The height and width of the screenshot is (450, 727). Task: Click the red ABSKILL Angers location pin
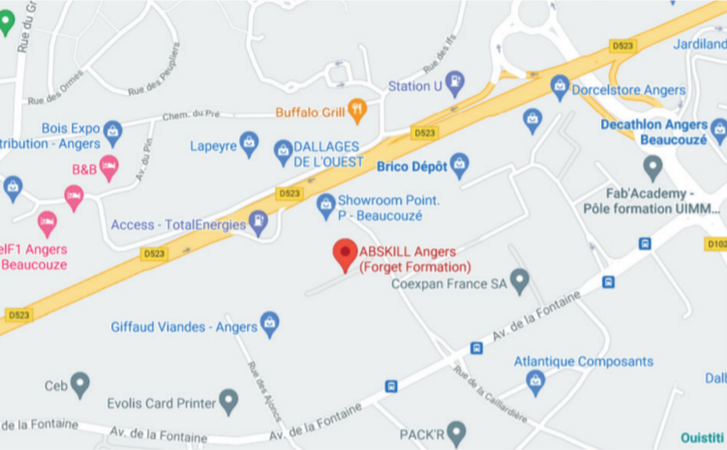click(x=345, y=254)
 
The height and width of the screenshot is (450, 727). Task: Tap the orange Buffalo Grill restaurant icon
click(x=357, y=111)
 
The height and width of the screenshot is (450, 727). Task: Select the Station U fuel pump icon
click(x=454, y=83)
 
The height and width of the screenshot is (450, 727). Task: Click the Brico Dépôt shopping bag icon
click(x=460, y=165)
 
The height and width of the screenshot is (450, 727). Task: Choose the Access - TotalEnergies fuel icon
click(x=258, y=224)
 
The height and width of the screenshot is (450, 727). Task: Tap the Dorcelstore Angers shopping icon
click(x=560, y=86)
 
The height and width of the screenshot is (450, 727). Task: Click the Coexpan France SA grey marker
click(x=520, y=282)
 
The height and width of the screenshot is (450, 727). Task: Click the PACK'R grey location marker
click(x=457, y=431)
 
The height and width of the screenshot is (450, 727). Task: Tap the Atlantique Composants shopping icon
click(x=535, y=381)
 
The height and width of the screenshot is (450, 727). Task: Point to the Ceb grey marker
click(x=79, y=384)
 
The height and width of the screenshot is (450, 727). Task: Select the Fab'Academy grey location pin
click(x=653, y=168)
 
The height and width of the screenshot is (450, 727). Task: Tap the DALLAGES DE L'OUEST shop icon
click(x=283, y=151)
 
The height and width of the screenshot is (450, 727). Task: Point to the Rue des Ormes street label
click(x=51, y=98)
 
